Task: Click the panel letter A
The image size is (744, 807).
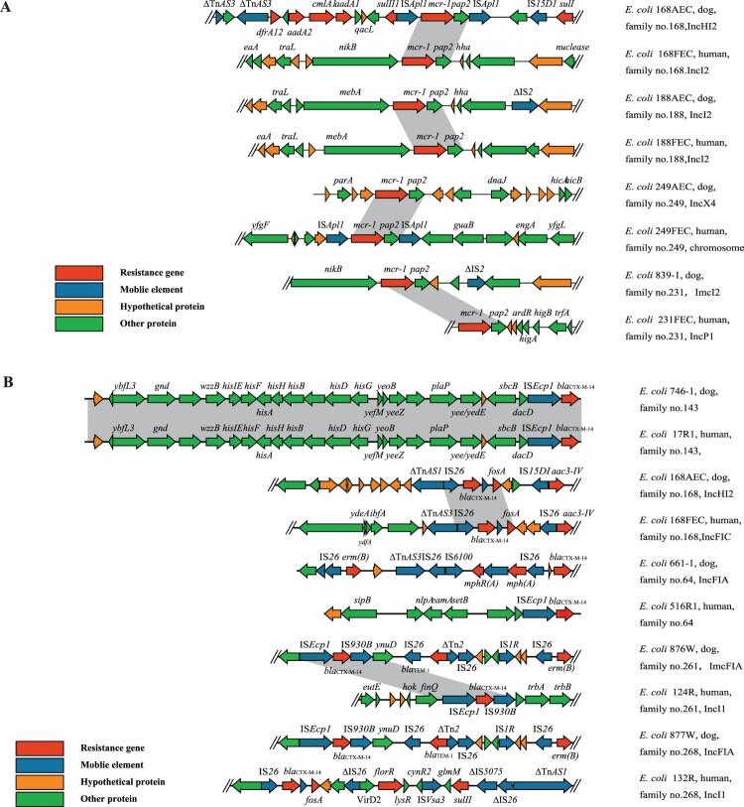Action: coord(8,7)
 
